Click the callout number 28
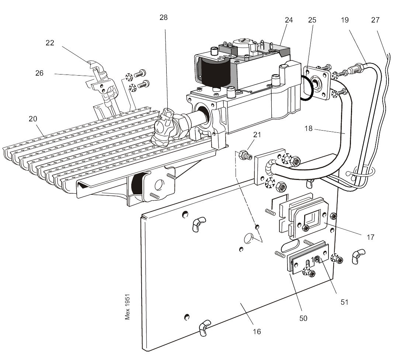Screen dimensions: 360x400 tap(164, 18)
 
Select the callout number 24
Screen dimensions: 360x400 tap(289, 20)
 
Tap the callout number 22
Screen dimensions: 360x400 tap(50, 43)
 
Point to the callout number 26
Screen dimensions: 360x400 tap(39, 73)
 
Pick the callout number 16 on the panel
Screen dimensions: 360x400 tap(257, 332)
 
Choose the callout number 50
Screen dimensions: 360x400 tap(303, 318)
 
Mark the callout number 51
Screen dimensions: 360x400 tap(344, 302)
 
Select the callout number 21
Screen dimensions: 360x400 tap(257, 135)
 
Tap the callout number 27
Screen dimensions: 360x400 tap(375, 20)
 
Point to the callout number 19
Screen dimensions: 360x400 tap(345, 20)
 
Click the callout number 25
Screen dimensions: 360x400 tap(312, 20)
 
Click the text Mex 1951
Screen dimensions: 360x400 tap(128, 307)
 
